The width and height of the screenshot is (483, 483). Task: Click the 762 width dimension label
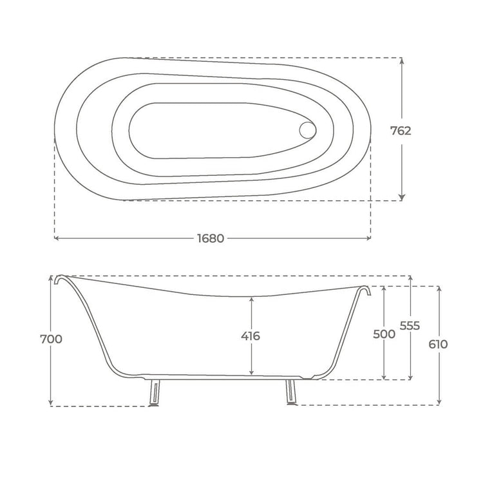point(401,131)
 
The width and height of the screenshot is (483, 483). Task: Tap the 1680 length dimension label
point(211,238)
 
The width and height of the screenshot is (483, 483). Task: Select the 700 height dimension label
point(51,339)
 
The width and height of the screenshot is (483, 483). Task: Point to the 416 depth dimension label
point(251,336)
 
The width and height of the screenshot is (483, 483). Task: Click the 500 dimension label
point(384,334)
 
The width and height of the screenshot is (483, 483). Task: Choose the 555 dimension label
point(410,326)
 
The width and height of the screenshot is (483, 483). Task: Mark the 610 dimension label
point(438,344)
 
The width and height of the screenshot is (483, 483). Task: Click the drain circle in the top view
point(307,130)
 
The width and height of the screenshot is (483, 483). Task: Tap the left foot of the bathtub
point(155,393)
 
